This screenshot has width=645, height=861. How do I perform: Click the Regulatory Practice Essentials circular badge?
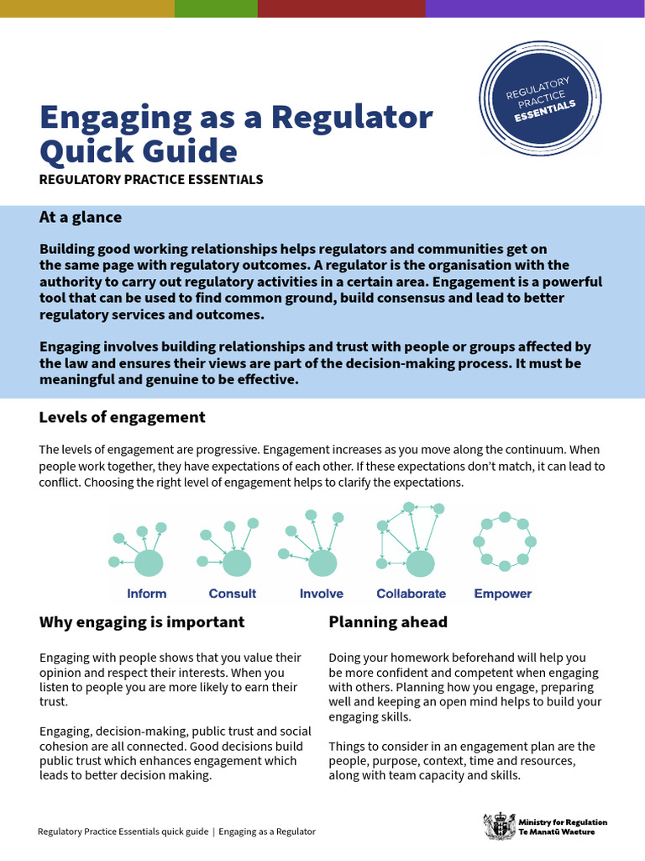(541, 98)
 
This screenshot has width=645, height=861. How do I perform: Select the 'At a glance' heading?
(81, 217)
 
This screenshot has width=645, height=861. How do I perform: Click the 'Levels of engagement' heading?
(122, 417)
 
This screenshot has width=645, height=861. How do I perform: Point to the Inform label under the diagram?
(147, 594)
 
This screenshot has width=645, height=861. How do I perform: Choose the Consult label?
(233, 594)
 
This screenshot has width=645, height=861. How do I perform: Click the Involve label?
(322, 594)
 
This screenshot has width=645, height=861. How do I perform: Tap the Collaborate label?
(411, 594)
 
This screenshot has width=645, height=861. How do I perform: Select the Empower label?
(503, 594)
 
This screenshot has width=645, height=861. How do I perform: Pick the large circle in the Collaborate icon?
(420, 563)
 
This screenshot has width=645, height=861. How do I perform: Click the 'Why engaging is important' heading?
(142, 622)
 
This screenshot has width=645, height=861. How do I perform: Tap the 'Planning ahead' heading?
(388, 622)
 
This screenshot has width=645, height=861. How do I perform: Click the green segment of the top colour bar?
(216, 8)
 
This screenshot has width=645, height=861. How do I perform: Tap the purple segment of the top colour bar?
(535, 8)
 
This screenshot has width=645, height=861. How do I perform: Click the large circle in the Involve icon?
(322, 563)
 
